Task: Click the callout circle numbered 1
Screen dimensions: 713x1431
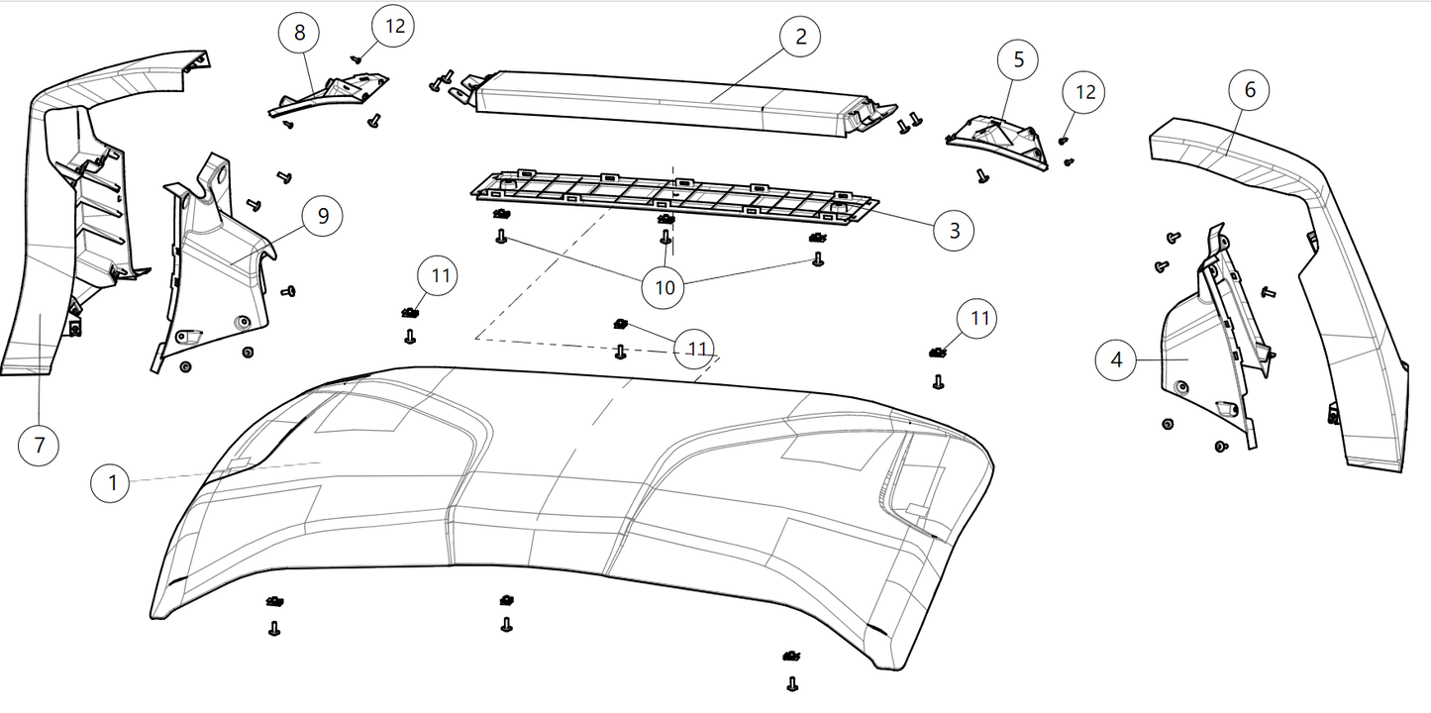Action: (113, 483)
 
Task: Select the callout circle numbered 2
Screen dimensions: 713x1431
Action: (800, 38)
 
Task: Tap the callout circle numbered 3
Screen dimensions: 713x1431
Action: (954, 231)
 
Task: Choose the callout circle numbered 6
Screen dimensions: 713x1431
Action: (1250, 90)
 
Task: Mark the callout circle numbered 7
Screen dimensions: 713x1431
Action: (40, 445)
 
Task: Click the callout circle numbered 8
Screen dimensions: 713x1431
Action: (299, 34)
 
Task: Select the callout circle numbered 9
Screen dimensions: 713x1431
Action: (323, 215)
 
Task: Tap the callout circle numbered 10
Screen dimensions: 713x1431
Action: (664, 287)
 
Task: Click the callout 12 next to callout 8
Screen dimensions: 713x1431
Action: (394, 27)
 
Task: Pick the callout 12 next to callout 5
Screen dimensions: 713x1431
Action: (1085, 92)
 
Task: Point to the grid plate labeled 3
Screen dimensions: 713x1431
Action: (673, 195)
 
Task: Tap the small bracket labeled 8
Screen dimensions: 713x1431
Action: (332, 92)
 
